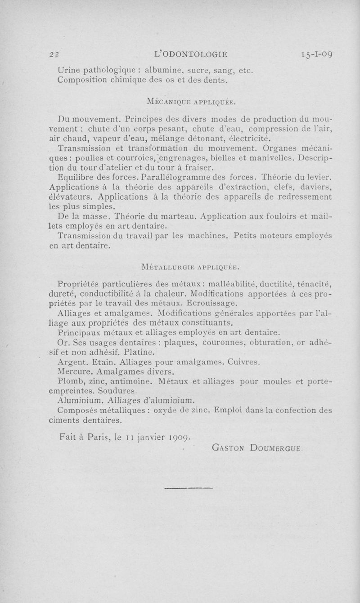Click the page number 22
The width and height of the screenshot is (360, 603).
coord(55,55)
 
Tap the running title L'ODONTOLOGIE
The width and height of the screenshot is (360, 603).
coord(190,55)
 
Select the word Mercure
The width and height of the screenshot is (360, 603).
coord(72,372)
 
